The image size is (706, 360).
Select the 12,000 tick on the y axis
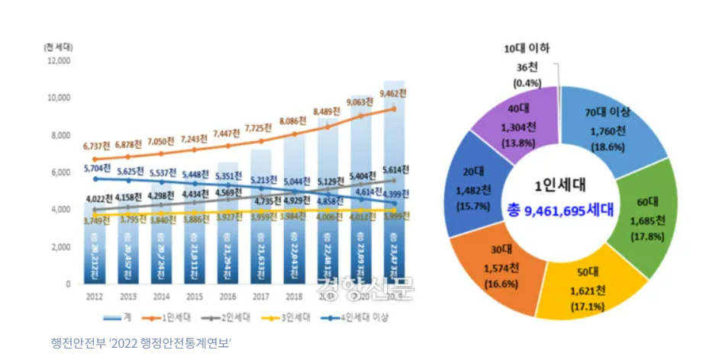[x=58, y=60]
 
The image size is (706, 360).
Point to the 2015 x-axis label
[x=194, y=295]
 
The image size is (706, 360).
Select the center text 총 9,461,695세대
[x=564, y=210]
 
